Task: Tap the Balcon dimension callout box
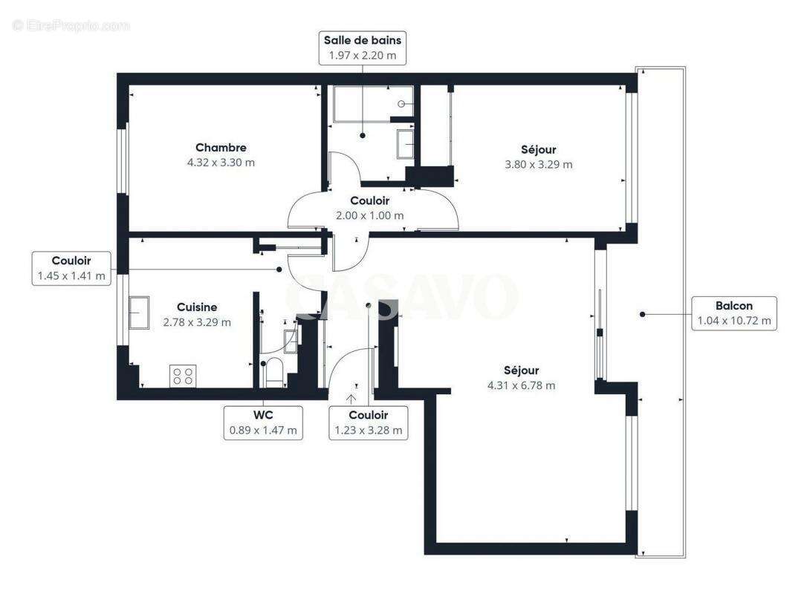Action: (x=734, y=313)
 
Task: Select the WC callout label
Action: (x=263, y=422)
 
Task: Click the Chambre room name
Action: (x=221, y=148)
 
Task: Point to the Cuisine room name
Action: (x=197, y=307)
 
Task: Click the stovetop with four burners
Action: (x=183, y=376)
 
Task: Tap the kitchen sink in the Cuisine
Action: (x=139, y=313)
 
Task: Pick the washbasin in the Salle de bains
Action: (x=406, y=144)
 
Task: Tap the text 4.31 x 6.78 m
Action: (x=521, y=385)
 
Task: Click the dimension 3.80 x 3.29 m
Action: (x=539, y=164)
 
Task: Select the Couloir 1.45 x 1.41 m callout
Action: (x=71, y=269)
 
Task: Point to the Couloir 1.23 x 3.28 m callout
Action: (x=369, y=422)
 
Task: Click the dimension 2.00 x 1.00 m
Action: (x=369, y=215)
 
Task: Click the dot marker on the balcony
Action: (x=643, y=314)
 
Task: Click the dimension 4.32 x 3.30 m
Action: (x=221, y=162)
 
